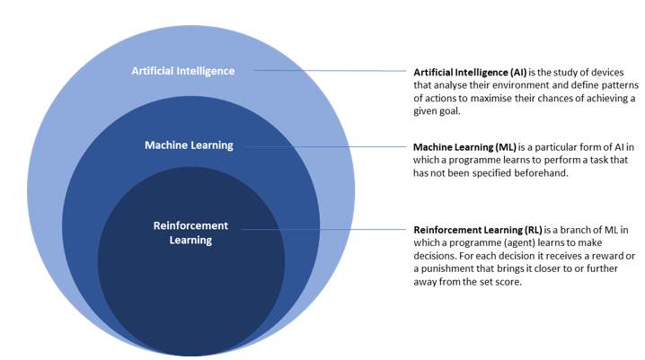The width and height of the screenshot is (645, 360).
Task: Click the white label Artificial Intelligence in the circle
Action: [x=183, y=71]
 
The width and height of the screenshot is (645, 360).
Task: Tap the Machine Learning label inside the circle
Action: [x=189, y=145]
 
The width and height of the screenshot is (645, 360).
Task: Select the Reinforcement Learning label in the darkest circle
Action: [x=190, y=233]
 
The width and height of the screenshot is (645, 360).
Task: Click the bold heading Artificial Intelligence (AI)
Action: [x=470, y=73]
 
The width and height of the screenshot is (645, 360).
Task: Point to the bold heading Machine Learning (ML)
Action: [x=464, y=147]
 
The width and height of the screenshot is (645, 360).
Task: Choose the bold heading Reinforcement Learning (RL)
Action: [x=478, y=230]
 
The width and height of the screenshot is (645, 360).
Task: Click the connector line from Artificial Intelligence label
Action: [x=330, y=71]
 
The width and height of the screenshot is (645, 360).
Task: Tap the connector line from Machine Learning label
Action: [x=325, y=146]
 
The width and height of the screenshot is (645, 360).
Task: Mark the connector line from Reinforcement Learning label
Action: [x=323, y=229]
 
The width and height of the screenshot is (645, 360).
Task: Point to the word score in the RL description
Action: [x=509, y=282]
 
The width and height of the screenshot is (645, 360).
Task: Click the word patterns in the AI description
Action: [x=620, y=85]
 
